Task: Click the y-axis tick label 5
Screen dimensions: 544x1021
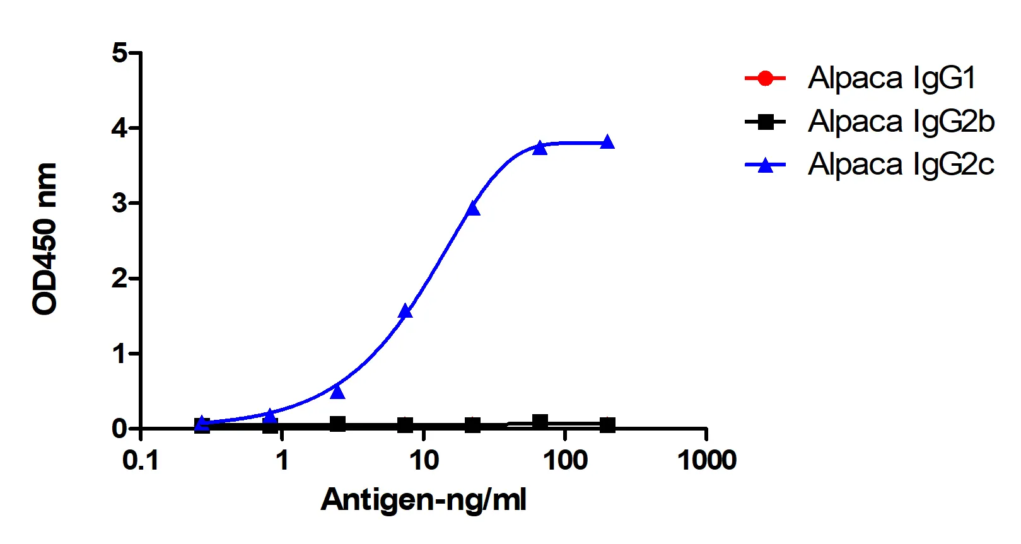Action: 119,53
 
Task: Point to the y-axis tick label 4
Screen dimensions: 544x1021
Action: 119,129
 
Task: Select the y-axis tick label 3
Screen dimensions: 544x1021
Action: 119,204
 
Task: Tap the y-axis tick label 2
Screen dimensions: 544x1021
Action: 119,279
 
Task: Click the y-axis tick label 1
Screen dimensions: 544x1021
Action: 119,354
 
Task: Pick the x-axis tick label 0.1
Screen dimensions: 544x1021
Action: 141,461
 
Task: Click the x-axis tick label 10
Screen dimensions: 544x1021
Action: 424,461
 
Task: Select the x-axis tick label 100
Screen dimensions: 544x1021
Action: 565,461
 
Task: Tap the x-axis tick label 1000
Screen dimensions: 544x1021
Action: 706,461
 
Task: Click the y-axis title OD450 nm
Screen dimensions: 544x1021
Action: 45,238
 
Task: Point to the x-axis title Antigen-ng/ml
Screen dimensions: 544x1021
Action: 423,500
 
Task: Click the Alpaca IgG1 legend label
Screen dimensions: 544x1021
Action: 892,78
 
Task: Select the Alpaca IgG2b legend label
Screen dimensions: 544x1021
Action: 901,122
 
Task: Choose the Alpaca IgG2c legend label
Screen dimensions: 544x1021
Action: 901,165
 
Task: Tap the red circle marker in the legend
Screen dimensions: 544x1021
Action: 765,79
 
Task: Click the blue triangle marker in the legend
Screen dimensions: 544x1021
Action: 765,165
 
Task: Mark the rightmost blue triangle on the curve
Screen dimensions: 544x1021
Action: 607,142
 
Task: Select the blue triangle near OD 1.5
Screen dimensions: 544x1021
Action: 405,311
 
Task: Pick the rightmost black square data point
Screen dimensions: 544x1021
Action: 607,425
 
